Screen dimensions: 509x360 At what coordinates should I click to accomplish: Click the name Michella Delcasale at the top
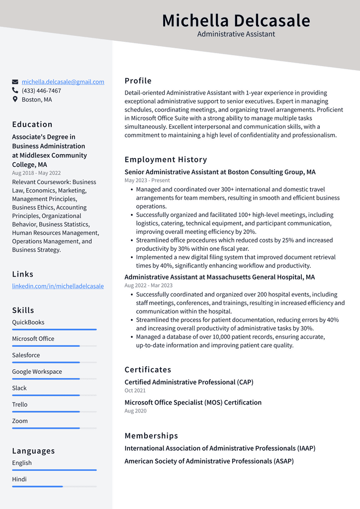point(236,21)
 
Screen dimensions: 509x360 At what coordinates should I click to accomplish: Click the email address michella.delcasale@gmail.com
point(63,82)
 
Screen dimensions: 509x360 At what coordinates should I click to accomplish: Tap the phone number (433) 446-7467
point(41,91)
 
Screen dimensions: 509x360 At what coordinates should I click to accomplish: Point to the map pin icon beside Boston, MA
point(15,100)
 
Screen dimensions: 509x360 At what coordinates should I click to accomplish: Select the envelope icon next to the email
point(15,82)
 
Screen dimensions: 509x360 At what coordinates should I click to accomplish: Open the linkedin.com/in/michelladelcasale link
point(58,286)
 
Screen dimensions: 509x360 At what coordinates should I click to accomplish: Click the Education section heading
point(32,124)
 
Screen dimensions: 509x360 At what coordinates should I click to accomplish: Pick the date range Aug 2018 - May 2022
point(37,173)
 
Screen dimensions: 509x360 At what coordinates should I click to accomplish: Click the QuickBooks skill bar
point(54,329)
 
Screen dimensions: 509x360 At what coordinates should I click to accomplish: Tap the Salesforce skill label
point(26,355)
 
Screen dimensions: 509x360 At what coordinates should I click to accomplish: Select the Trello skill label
point(20,405)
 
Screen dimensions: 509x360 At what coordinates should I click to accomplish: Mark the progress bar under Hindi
point(54,486)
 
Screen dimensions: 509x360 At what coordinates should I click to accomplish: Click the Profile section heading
point(138,81)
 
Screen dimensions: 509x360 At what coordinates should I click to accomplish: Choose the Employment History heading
point(166,160)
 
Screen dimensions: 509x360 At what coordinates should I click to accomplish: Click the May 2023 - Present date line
point(147,181)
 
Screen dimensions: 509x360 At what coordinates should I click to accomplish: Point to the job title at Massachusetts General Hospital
point(219,277)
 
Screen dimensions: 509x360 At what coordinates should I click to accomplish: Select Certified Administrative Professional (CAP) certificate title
point(189,382)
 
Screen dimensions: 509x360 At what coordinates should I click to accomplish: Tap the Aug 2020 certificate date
point(135,411)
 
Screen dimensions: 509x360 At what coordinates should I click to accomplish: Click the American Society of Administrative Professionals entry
point(209,461)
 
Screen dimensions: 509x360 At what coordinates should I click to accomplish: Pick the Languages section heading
point(33,451)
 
